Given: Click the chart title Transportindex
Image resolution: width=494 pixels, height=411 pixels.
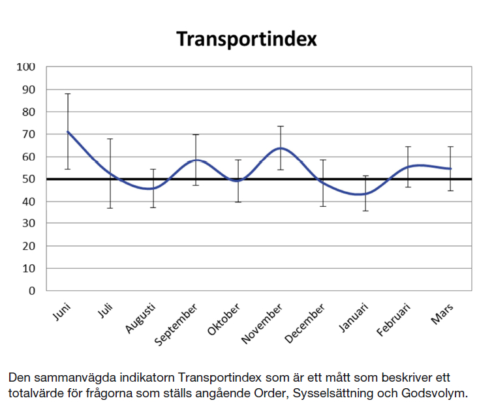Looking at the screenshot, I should (246, 38).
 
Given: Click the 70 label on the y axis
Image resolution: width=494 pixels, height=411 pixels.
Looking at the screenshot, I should (29, 134).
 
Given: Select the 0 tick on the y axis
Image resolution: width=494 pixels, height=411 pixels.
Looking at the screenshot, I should (32, 291).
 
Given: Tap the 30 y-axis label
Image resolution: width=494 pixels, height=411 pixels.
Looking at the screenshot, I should (29, 224).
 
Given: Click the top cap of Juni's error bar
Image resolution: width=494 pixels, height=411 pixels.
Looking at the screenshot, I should (67, 94).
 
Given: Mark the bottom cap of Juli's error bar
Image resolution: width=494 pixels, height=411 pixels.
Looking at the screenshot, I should (110, 208).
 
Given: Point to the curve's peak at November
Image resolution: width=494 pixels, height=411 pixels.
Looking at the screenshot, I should (280, 148).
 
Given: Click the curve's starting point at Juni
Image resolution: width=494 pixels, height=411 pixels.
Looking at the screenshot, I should (67, 132).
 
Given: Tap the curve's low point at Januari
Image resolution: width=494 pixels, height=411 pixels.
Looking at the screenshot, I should (365, 194).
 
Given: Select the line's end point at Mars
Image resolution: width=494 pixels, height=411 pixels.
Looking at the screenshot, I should (450, 168).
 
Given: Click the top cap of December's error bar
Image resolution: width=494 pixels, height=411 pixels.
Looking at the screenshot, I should (322, 159).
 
